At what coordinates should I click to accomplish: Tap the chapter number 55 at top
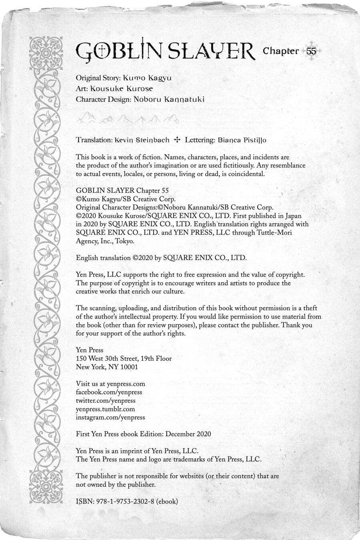click(311, 51)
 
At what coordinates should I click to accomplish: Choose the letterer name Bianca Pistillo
click(242, 140)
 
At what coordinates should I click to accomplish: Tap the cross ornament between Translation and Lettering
click(177, 140)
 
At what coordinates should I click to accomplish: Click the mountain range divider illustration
click(128, 118)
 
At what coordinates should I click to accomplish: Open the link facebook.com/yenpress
click(109, 392)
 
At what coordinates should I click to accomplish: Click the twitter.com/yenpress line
click(106, 400)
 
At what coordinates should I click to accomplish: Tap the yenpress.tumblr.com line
click(105, 409)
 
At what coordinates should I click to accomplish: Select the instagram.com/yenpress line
click(110, 417)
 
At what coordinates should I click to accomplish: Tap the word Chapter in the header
click(281, 51)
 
